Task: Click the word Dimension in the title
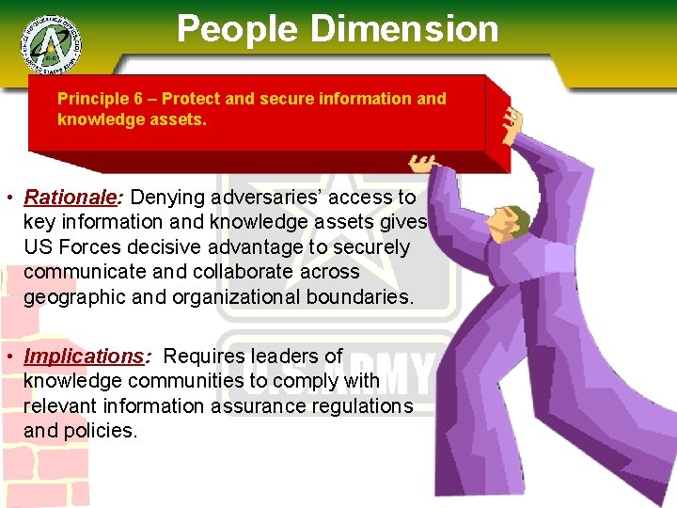coord(405,28)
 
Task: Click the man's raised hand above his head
coord(513,121)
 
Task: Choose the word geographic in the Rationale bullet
coord(77,297)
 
